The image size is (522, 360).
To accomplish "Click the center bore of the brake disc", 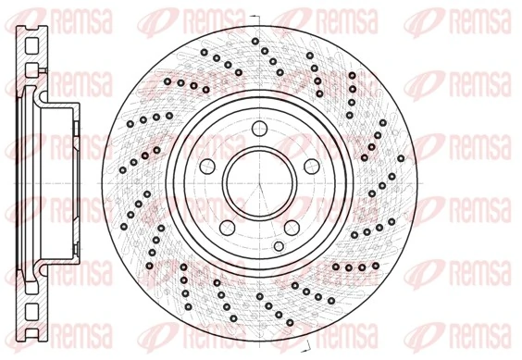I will [x=251, y=180].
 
